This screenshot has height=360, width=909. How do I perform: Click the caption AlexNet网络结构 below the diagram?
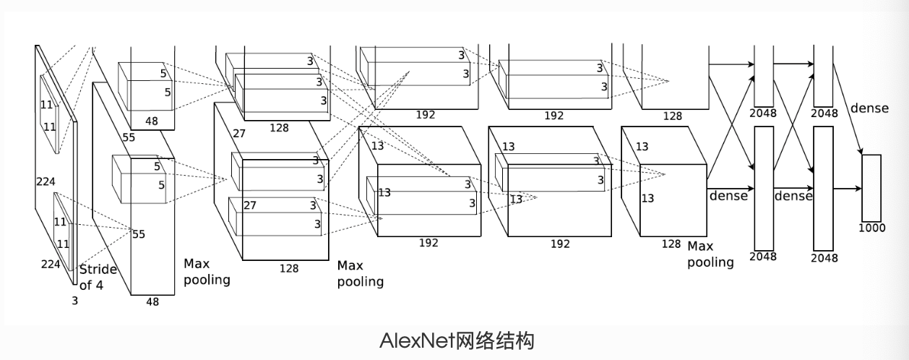click(x=457, y=340)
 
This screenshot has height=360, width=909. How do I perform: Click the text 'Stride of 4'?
click(x=98, y=277)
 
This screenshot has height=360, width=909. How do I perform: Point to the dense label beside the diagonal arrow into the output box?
click(x=869, y=108)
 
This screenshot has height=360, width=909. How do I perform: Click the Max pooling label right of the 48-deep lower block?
click(x=207, y=271)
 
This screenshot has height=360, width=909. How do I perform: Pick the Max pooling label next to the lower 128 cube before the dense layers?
click(x=710, y=254)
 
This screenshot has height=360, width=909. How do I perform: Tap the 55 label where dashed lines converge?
click(x=138, y=233)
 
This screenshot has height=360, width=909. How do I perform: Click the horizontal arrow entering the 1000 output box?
click(x=847, y=189)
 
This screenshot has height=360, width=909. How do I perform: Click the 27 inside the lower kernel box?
click(x=249, y=205)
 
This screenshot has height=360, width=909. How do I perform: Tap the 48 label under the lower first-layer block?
click(x=152, y=302)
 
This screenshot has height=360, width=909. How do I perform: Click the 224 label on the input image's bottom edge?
click(x=51, y=264)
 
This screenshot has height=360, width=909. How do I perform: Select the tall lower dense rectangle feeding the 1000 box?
click(x=823, y=188)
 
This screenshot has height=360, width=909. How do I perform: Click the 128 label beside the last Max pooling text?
click(x=671, y=244)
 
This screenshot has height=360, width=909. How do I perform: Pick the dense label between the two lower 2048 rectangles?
click(x=793, y=196)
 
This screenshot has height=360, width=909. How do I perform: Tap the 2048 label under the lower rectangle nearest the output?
click(x=824, y=257)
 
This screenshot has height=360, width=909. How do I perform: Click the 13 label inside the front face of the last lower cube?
click(x=648, y=198)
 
